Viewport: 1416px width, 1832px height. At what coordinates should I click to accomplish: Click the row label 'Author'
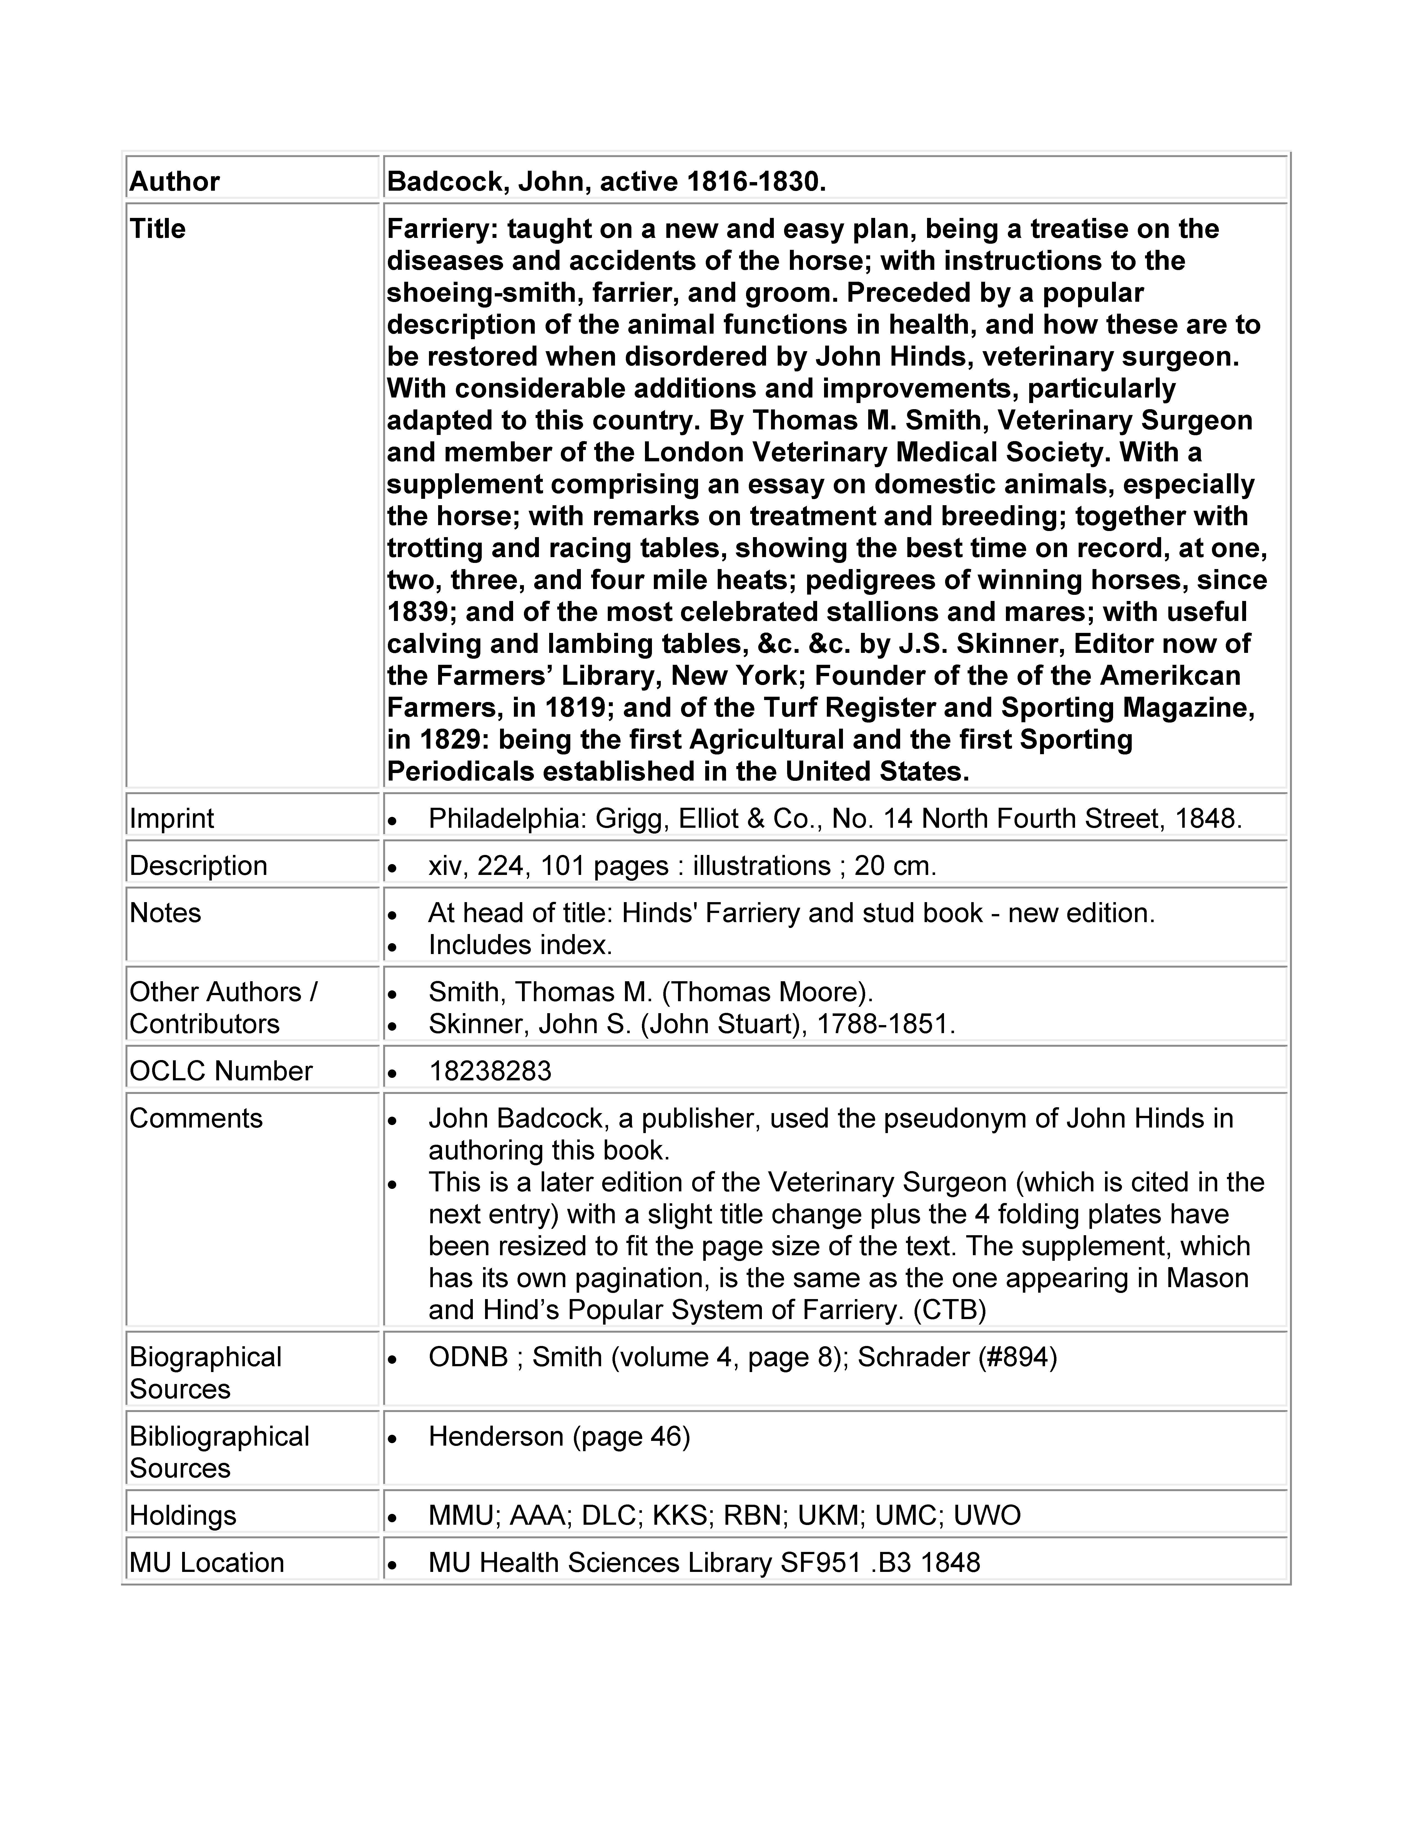coord(174,181)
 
